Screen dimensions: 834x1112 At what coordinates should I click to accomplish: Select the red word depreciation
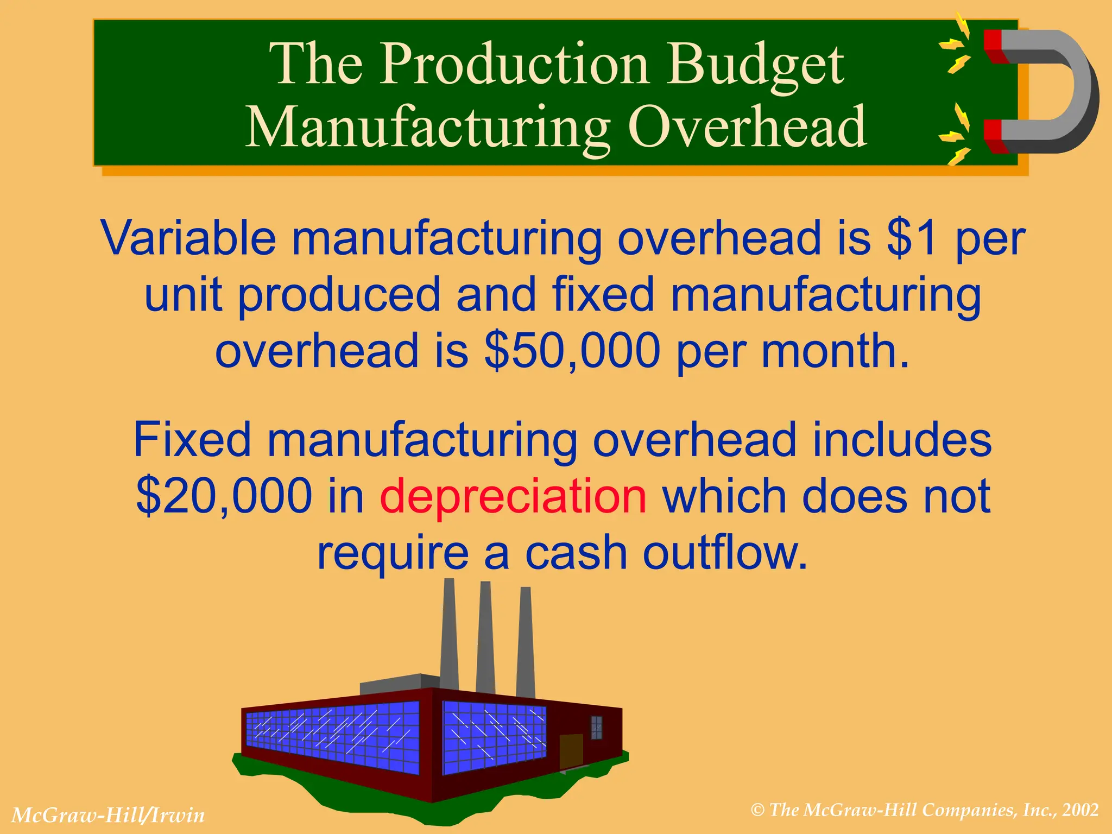click(x=513, y=496)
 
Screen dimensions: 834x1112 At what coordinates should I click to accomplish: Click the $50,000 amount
click(x=572, y=351)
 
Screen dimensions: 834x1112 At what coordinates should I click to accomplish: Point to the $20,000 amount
click(x=224, y=496)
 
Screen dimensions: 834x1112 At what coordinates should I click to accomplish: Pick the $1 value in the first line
click(x=912, y=238)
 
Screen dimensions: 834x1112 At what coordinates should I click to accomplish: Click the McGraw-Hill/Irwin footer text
click(x=108, y=815)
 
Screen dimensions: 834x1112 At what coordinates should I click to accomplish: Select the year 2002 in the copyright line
click(x=1081, y=810)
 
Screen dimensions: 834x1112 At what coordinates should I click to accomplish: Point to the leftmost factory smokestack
click(x=449, y=635)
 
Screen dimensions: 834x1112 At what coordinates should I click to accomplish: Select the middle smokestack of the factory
click(x=485, y=638)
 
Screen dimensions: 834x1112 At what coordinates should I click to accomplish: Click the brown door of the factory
click(x=571, y=751)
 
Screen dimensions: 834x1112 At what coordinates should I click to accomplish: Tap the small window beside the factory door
click(x=597, y=728)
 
